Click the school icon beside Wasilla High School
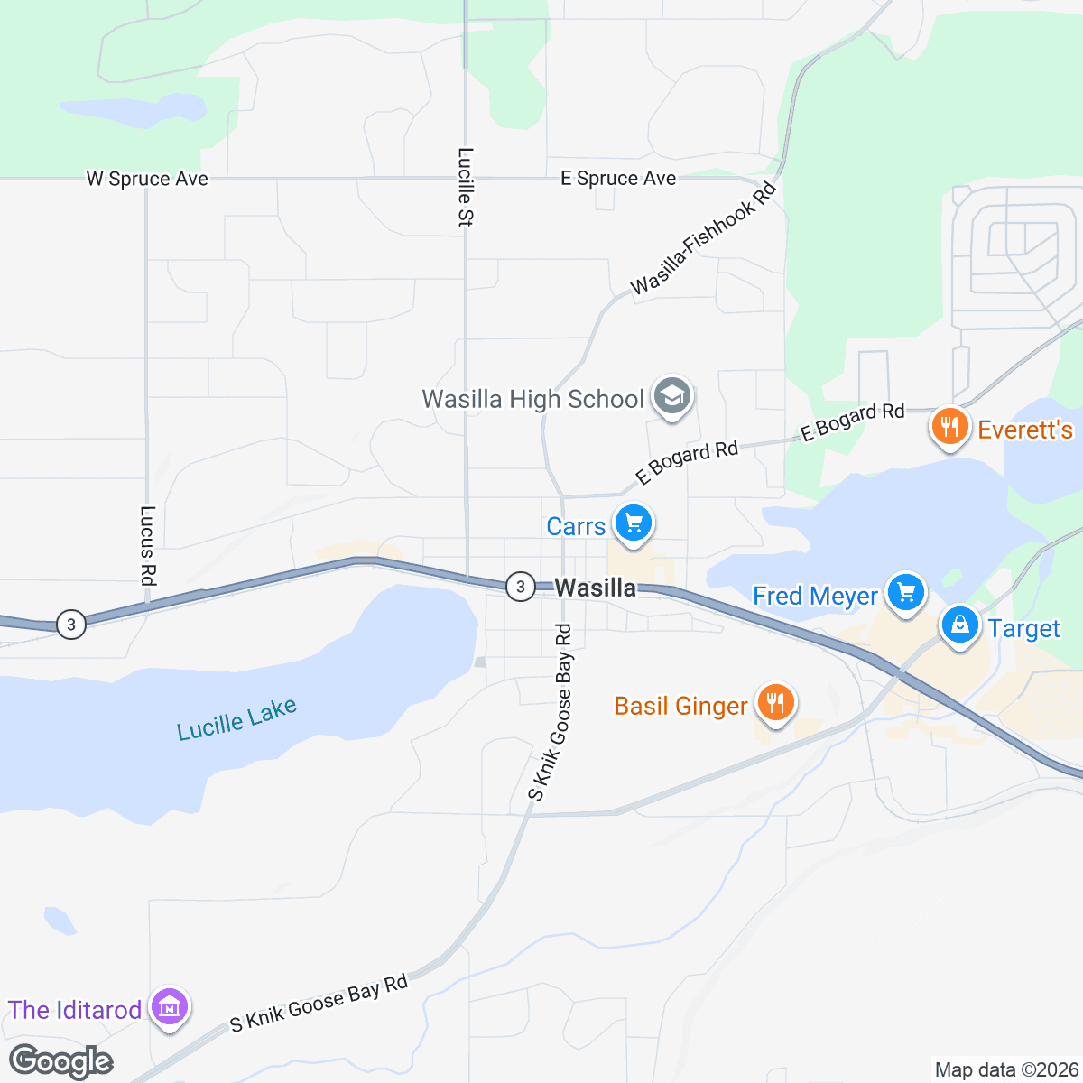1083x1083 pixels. tap(671, 397)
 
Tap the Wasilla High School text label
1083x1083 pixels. tap(532, 399)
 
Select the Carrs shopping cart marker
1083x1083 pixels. tap(633, 523)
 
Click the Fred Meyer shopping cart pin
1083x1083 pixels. tap(906, 592)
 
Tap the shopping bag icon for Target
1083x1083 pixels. tap(960, 625)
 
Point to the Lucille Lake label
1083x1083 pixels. tap(236, 719)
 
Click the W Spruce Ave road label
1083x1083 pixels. tap(147, 179)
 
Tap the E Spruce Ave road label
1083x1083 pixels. tap(618, 179)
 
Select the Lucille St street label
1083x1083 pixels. tap(466, 186)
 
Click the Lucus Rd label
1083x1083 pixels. tap(148, 545)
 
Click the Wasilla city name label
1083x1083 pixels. tap(595, 588)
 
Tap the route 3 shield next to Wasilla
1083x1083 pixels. tap(520, 587)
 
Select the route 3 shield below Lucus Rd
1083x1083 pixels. tap(71, 624)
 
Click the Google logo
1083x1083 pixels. tap(61, 1061)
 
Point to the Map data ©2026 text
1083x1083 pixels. tap(1006, 1069)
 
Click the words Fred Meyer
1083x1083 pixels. tap(815, 596)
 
